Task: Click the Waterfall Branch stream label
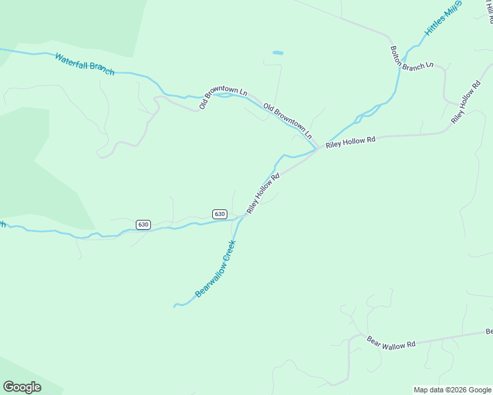point(84,65)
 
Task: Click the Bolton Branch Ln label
point(411,57)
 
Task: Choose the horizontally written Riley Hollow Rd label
point(350,141)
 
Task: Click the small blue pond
point(277,53)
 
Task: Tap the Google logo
point(22,387)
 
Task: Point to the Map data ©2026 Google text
point(452,390)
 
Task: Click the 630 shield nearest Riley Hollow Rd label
point(219,214)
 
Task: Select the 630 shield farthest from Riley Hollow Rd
point(143,224)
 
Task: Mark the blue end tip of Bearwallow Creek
point(175,306)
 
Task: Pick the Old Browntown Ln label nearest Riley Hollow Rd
point(287,120)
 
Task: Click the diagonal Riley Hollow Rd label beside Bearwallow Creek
point(264,192)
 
